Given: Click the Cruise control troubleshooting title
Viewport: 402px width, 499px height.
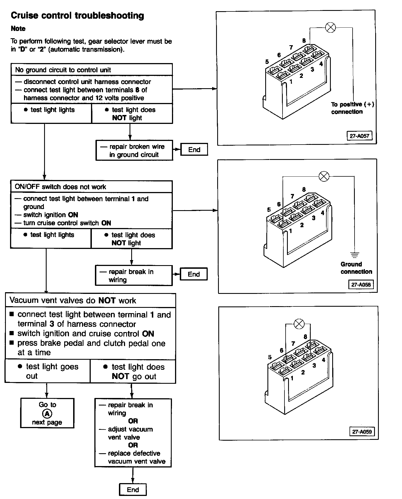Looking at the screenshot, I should click(77, 16).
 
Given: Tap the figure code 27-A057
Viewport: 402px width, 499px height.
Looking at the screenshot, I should click(360, 136).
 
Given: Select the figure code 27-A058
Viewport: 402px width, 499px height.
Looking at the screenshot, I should click(361, 285).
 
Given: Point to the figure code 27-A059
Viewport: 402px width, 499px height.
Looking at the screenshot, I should click(362, 432).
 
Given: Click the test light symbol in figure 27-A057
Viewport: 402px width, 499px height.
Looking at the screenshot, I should click(331, 28).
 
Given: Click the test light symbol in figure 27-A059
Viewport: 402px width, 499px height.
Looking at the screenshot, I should click(299, 324).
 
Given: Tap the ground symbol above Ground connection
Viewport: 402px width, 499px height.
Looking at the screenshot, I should click(355, 255).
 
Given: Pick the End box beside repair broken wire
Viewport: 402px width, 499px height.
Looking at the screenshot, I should click(194, 150).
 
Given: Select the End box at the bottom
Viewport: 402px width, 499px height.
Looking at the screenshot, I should click(133, 490).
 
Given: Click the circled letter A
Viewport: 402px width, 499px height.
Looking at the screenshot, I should click(47, 414).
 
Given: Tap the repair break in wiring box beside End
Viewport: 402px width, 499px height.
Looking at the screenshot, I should click(134, 275).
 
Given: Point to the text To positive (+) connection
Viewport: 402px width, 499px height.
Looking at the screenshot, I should click(352, 108).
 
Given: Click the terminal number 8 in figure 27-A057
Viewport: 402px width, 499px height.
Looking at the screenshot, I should click(304, 41).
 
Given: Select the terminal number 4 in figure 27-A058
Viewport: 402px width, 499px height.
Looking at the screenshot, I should click(322, 213).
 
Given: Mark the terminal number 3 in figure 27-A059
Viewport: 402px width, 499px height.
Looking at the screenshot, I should click(314, 365).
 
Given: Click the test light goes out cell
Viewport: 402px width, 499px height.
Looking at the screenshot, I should click(48, 371).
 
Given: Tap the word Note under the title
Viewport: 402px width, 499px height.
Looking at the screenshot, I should click(18, 29).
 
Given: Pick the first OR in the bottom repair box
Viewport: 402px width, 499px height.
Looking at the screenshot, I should click(133, 421).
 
